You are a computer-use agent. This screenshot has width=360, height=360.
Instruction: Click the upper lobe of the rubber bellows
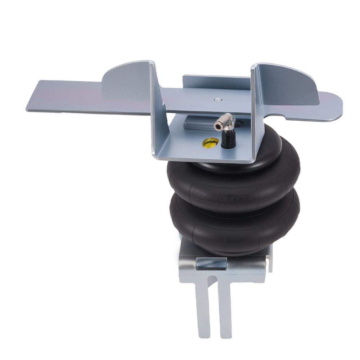tap(234, 176)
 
